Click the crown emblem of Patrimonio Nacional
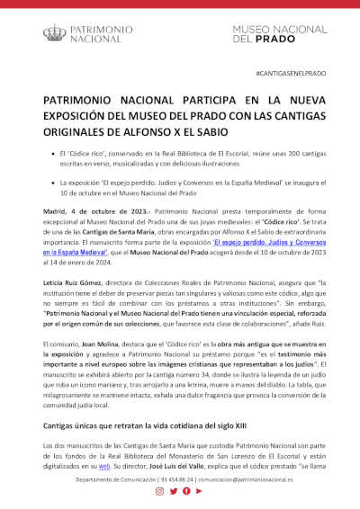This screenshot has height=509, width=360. point(55,33)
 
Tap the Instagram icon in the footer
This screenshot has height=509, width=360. point(159,491)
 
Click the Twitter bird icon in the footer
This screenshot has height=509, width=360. point(173,491)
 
